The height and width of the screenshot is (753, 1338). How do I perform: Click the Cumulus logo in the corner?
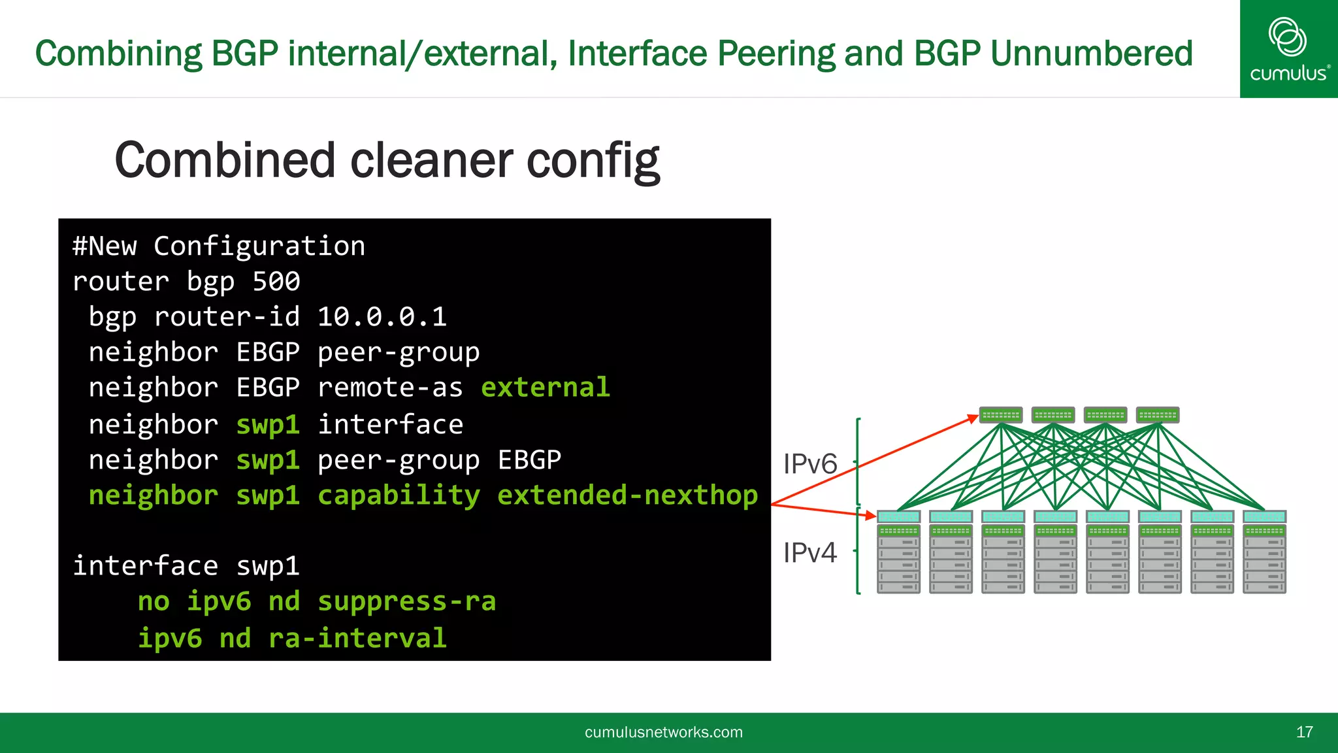(x=1288, y=49)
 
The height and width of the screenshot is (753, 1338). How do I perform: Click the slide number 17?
(x=1304, y=732)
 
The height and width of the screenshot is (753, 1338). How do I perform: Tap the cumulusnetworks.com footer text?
(x=663, y=732)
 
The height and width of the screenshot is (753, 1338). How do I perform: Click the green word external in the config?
(x=546, y=388)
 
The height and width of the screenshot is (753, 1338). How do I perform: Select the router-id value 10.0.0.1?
(x=382, y=317)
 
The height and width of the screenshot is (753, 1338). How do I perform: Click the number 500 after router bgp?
(x=276, y=282)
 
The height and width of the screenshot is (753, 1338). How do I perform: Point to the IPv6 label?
(x=810, y=464)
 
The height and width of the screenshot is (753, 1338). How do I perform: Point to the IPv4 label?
(x=810, y=553)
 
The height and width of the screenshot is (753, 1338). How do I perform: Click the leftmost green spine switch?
(x=1001, y=415)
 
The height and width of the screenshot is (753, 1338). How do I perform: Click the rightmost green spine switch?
(x=1158, y=415)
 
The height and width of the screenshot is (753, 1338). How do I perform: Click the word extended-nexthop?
(x=627, y=495)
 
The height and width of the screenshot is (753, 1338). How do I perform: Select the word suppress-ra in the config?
(x=406, y=601)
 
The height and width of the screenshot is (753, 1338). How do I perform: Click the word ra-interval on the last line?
(x=357, y=638)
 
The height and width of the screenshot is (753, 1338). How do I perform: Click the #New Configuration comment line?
(x=219, y=246)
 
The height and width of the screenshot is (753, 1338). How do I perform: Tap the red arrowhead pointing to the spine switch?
(x=973, y=418)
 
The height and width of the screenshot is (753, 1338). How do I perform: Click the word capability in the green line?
(x=399, y=495)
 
